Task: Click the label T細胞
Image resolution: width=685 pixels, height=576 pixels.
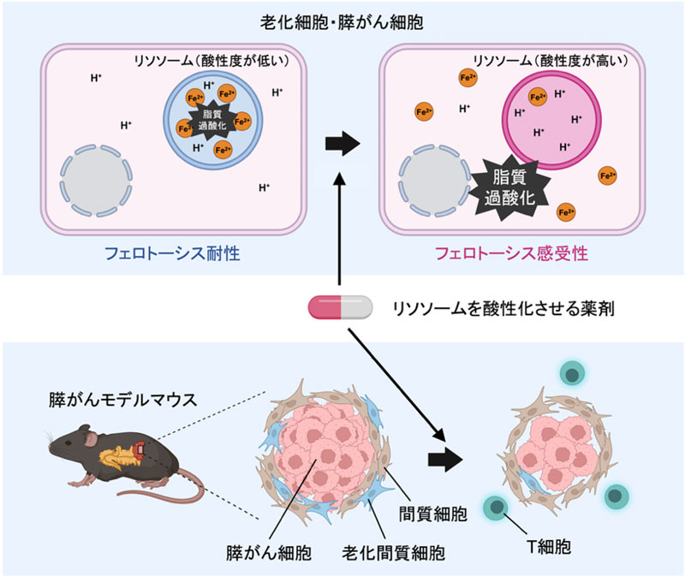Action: click(545, 544)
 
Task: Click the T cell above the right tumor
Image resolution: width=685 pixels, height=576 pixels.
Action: click(571, 373)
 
